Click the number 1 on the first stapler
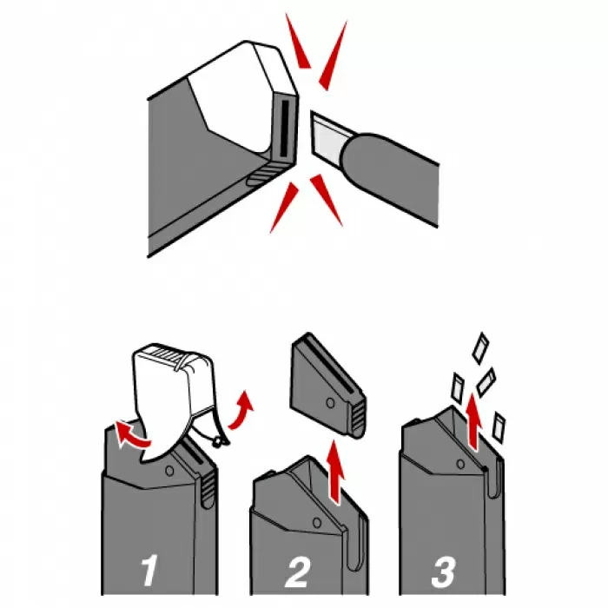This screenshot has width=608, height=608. coord(149,572)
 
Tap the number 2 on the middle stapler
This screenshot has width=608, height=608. coord(298,572)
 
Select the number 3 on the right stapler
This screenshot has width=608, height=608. coord(444,572)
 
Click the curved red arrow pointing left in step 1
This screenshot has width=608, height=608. coord(132,436)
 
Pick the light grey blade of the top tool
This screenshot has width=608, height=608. coord(327,137)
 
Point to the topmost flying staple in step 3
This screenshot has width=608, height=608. coord(481,347)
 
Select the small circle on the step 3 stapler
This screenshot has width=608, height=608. coord(460,464)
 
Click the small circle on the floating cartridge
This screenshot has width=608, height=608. coord(330,403)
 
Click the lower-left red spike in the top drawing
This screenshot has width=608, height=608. coord(284,208)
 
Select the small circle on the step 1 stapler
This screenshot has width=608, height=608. coord(169,471)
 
